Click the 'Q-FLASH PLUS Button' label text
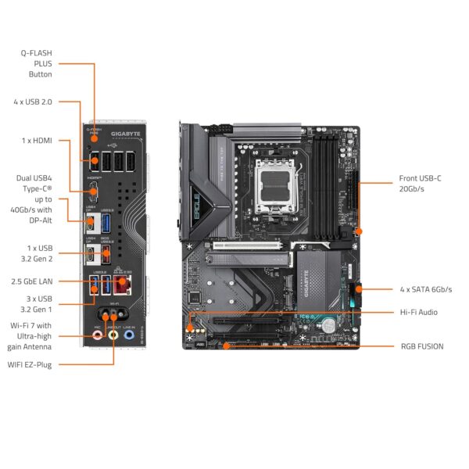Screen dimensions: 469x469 click(x=36, y=63)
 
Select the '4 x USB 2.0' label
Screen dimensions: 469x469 click(x=34, y=102)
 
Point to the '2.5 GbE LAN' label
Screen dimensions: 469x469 click(x=32, y=280)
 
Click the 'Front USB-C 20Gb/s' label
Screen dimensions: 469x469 click(x=420, y=184)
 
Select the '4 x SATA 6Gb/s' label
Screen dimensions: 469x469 click(x=425, y=289)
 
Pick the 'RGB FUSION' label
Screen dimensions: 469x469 click(x=421, y=345)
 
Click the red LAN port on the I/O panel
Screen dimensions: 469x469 click(x=123, y=284)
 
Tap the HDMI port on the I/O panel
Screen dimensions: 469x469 click(x=94, y=185)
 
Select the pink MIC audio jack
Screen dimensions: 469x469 click(x=97, y=335)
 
